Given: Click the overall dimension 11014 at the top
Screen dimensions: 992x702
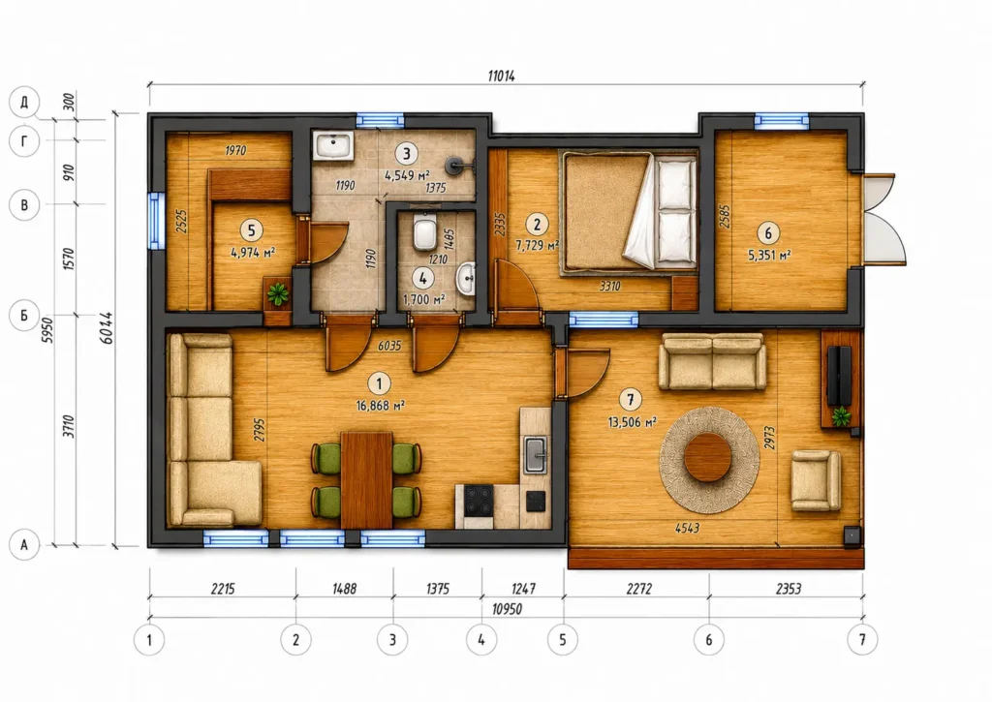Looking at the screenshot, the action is tap(501, 76).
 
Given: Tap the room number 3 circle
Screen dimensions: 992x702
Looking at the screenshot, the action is tap(406, 153).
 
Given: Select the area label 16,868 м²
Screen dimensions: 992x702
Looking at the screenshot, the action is tap(380, 406).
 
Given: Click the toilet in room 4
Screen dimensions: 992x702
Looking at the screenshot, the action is tap(424, 232).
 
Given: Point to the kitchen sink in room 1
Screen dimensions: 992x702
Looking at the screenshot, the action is tap(536, 454).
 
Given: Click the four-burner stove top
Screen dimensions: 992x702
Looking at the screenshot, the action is tap(479, 500).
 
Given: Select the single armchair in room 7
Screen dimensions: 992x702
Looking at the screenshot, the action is tap(816, 480).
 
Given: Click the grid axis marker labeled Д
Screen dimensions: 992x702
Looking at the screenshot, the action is tap(24, 102).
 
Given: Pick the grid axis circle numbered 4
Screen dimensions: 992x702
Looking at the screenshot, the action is tap(480, 640).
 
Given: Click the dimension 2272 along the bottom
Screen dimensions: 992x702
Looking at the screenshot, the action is tap(639, 589).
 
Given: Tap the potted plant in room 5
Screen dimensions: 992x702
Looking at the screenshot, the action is tap(277, 293).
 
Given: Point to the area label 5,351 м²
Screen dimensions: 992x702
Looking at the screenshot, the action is tap(768, 256).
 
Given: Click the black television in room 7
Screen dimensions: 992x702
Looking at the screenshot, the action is tap(841, 376).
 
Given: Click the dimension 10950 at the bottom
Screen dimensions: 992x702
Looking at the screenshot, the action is tap(507, 609).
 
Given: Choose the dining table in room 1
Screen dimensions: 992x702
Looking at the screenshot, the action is tap(366, 480).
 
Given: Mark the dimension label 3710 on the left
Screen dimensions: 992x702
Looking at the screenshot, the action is tap(69, 426).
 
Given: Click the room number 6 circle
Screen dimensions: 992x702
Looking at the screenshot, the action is tap(768, 232).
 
